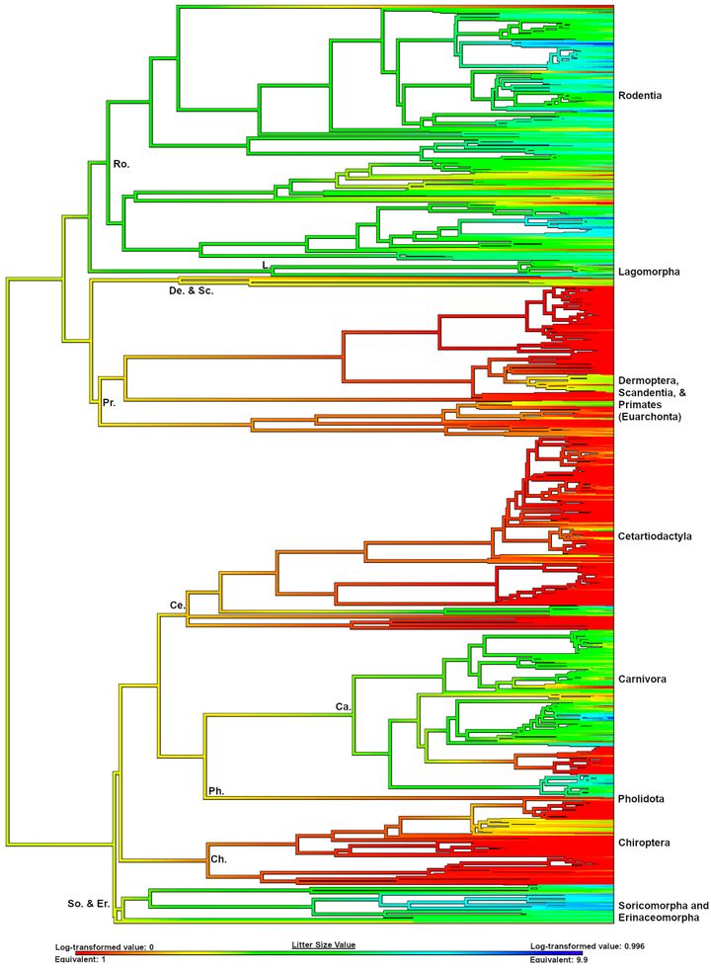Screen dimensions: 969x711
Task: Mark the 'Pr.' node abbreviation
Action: tap(110, 402)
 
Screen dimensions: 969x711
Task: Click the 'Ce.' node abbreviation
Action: tap(178, 604)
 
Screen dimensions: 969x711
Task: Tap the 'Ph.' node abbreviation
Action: tap(217, 790)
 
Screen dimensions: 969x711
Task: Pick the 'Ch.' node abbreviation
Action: tap(219, 859)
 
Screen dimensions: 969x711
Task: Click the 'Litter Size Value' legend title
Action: tap(323, 945)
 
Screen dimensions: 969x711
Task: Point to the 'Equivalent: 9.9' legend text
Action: tap(565, 958)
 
